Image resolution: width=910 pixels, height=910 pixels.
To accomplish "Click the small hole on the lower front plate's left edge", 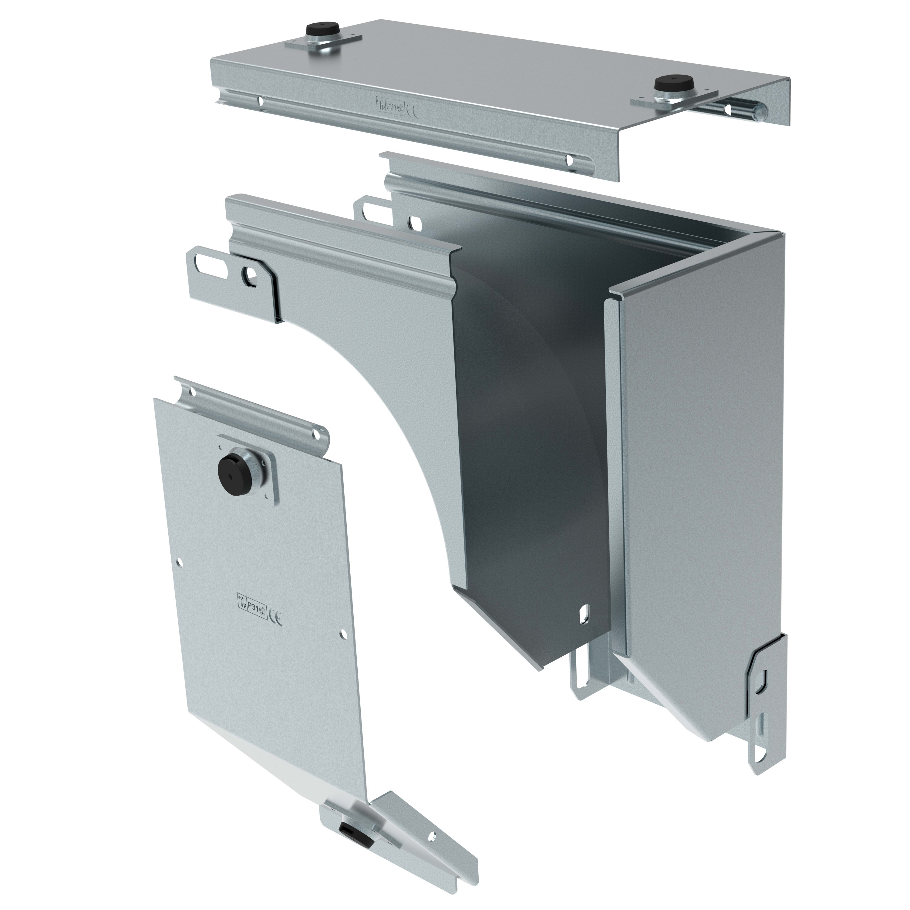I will pos(181,562).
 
